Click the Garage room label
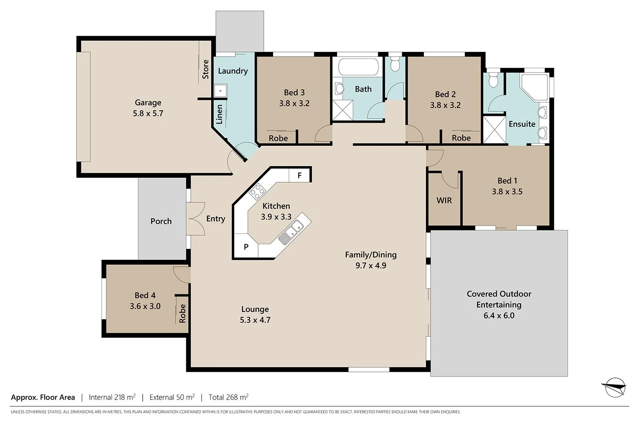pos(148,102)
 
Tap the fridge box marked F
pos(300,175)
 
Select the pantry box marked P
pos(246,247)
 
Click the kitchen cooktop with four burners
pos(257,192)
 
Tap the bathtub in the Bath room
pos(358,66)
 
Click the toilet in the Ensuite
pos(493,79)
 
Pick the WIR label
pos(444,200)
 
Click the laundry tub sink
pos(220,90)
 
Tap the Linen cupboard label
pos(219,114)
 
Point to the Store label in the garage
pos(205,69)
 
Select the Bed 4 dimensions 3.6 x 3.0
pos(145,306)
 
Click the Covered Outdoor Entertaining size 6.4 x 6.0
pos(499,316)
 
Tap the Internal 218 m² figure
pos(112,397)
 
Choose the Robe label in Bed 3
pos(278,138)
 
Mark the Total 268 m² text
pos(228,397)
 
